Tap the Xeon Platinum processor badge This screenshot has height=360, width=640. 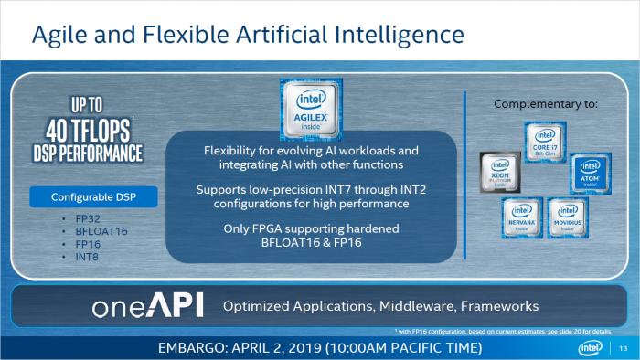click(x=501, y=174)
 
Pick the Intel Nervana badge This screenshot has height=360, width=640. click(x=520, y=217)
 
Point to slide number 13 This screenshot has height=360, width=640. click(x=624, y=347)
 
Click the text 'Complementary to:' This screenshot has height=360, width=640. click(x=546, y=104)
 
